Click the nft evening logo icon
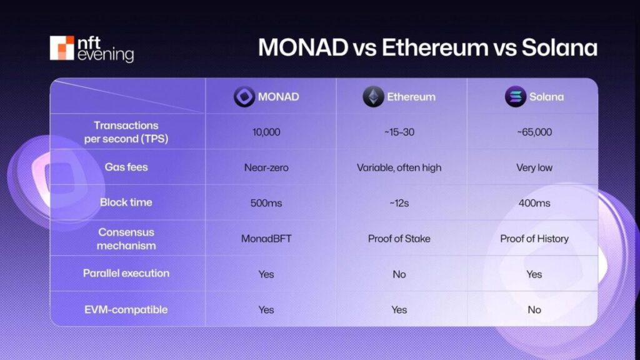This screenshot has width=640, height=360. pos(62,48)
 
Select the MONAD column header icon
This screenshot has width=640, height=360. pos(244,97)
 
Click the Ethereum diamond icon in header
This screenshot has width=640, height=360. pos(373,97)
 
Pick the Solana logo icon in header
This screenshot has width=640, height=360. pos(515,97)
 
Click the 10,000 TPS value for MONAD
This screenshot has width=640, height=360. pos(266,132)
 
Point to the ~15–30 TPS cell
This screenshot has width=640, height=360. pos(399,132)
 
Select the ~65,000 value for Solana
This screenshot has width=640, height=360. pos(534,132)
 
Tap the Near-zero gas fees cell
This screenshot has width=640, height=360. pos(266,167)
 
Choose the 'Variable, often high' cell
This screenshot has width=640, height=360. pos(399,167)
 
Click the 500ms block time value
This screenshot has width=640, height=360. pos(266,203)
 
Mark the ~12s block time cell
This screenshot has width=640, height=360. pos(399,203)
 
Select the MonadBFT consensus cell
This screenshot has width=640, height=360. pos(266,239)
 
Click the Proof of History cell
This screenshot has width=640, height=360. pos(534,239)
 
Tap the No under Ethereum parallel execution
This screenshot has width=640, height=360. pos(399,274)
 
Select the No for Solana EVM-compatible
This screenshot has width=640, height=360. pos(534,310)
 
